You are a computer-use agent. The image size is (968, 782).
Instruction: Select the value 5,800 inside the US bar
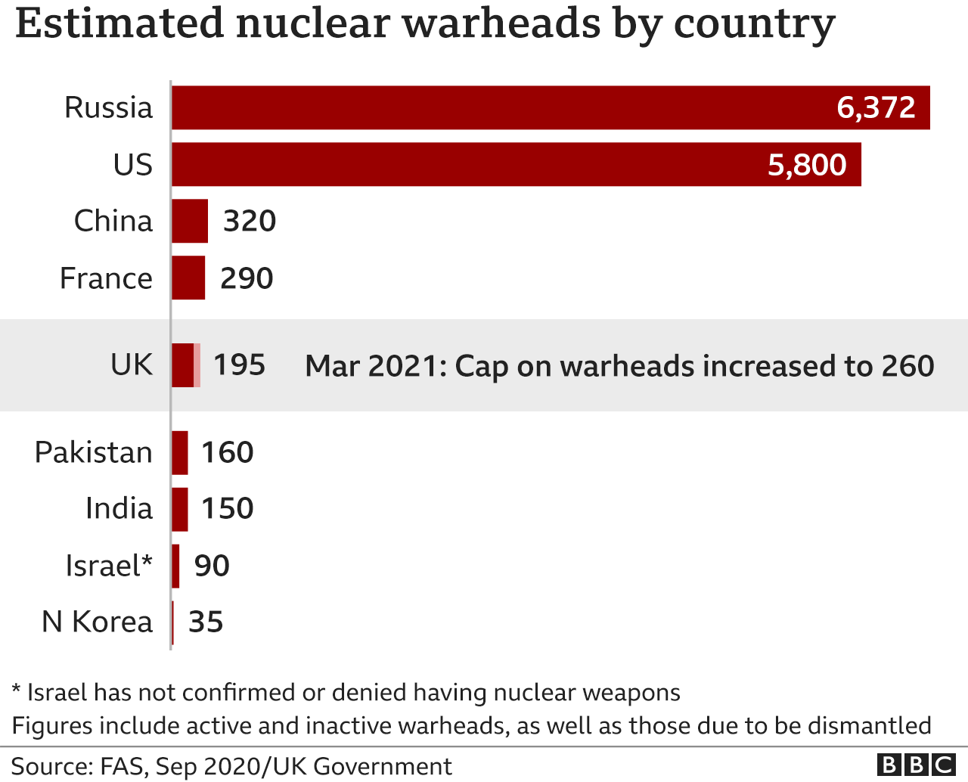point(807,165)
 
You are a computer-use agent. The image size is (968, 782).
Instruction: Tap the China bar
point(190,221)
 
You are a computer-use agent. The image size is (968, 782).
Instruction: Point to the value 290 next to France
point(247,278)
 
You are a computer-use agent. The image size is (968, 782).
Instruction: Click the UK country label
point(132,365)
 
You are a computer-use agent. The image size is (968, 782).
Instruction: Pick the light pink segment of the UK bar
point(197,365)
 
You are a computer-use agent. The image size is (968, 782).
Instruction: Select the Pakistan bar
point(180,452)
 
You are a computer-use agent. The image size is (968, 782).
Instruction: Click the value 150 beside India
point(227,508)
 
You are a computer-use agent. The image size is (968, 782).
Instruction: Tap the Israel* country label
point(109,566)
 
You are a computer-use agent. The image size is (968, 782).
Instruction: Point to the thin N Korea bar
point(173,622)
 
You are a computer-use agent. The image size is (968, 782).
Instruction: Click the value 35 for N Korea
point(206,622)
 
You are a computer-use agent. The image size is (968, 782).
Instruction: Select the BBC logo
point(916,765)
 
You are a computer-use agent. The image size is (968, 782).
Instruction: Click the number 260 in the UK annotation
point(907,366)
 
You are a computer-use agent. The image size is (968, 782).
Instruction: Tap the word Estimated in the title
point(119,24)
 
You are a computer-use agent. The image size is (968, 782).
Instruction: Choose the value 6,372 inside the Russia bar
point(876,107)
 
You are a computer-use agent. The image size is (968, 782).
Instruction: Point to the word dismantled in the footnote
point(869,725)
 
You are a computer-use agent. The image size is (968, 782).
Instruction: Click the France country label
point(106,278)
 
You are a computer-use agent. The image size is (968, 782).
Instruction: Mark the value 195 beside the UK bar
point(240,365)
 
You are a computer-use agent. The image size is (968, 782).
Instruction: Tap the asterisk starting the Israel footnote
point(16,690)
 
